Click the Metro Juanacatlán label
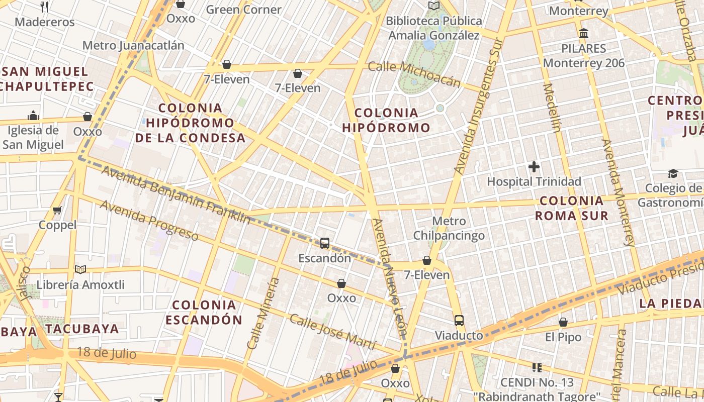(133, 45)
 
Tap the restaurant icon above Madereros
(44, 7)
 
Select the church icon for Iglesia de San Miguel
(33, 116)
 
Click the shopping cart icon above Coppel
(57, 210)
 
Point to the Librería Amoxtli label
(80, 285)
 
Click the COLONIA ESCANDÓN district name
(204, 312)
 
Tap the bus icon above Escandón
(325, 243)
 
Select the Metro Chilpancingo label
(449, 228)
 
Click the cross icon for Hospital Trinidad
(534, 166)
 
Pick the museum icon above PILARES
(584, 34)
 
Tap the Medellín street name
(552, 108)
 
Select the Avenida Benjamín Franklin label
(176, 194)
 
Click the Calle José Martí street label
(333, 332)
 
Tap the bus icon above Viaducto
(459, 321)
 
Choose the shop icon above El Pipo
(563, 322)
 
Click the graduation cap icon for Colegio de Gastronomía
(673, 173)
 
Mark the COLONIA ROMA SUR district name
(571, 208)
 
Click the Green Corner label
(243, 10)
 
